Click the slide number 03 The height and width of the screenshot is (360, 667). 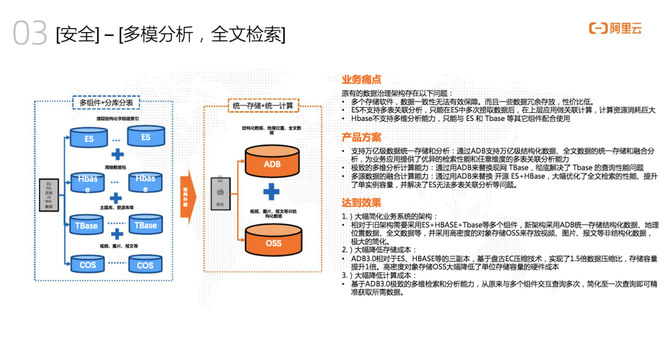[30, 34]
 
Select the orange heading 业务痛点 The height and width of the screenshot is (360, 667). [361, 80]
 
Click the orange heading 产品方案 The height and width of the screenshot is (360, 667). [361, 137]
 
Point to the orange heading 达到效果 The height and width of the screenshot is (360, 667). [361, 203]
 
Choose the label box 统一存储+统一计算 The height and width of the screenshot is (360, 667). [262, 106]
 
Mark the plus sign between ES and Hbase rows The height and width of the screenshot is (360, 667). [117, 154]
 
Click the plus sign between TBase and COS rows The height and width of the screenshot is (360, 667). [117, 234]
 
